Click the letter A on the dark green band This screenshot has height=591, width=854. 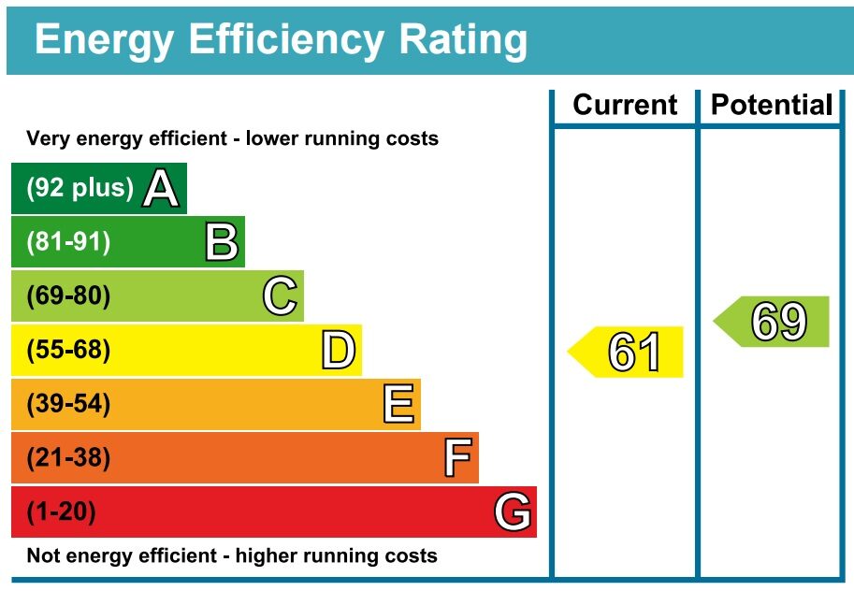coord(161,189)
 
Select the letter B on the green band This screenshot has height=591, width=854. coord(222,242)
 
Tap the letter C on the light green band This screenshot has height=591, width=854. coord(280,296)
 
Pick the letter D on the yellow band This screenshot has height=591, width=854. coord(339,351)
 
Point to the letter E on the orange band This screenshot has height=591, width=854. coord(398,405)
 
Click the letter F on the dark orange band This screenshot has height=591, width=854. coord(456,459)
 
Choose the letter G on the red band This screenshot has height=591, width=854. coord(514,512)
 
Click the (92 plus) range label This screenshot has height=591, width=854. coord(80,188)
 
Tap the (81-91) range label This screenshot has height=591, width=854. coord(68,242)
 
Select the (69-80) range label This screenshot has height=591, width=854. coord(68,296)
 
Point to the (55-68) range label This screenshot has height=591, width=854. coord(68,351)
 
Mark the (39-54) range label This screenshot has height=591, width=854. coord(68,405)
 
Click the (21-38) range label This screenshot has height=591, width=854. coord(68,459)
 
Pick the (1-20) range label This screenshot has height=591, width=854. coord(62,512)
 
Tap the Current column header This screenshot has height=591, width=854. coord(625,105)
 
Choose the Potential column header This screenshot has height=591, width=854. coord(771,105)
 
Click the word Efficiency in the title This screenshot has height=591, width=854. coord(286,40)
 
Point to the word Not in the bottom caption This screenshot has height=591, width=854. coord(43,555)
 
